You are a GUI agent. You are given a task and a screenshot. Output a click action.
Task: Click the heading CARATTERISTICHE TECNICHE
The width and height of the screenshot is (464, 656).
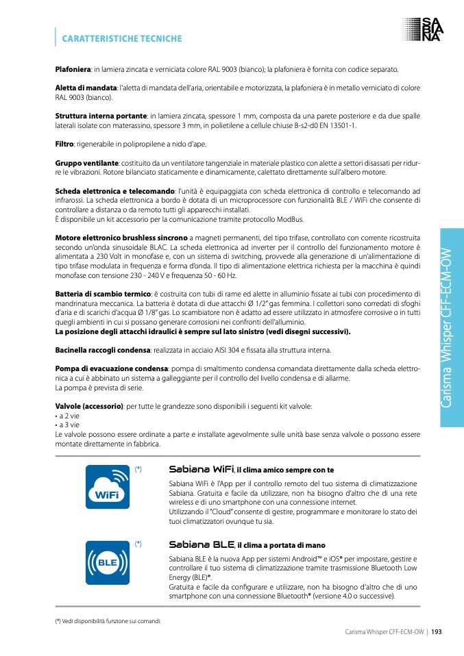[121, 38]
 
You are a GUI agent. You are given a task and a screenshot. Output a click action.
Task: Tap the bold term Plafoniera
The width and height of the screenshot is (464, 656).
[73, 70]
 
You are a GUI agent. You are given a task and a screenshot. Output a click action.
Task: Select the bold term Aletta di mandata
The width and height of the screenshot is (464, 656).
[86, 88]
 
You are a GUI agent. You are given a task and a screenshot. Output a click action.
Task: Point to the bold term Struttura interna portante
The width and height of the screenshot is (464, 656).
[101, 116]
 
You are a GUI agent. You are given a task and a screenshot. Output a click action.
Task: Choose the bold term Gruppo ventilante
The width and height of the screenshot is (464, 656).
[86, 163]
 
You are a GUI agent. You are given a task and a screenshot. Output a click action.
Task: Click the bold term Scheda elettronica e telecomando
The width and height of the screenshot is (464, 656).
[114, 191]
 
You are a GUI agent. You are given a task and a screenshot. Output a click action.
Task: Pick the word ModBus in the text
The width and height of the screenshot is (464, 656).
[291, 219]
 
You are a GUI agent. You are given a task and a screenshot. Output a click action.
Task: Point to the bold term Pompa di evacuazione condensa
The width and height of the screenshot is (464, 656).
[111, 368]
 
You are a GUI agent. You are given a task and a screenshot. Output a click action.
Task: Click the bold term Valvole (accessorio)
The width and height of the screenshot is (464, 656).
[88, 406]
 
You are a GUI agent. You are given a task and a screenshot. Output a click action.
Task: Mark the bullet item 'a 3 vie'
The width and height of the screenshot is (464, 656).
[69, 425]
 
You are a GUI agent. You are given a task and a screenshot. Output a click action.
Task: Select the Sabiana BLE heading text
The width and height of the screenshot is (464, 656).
[202, 545]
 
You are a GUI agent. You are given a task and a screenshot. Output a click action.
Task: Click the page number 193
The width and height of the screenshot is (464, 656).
[436, 631]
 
